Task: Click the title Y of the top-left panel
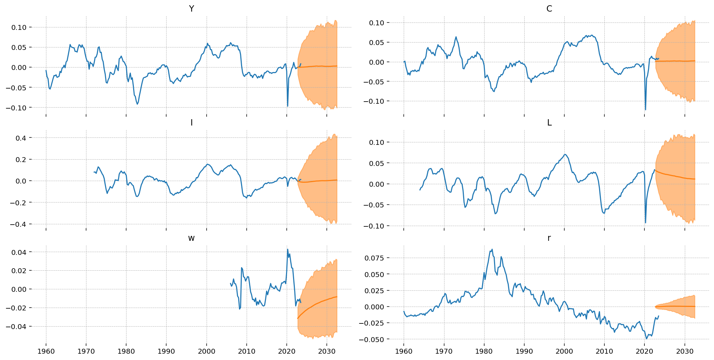191,9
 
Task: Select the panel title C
549,9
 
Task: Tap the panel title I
191,122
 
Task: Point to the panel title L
549,122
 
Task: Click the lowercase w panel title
191,238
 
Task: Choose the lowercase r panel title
549,238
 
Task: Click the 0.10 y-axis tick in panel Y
19,27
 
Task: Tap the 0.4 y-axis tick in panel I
21,138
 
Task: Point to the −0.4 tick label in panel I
18,224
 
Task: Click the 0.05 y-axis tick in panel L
377,163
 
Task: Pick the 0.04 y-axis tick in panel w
19,252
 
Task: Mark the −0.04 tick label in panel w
16,327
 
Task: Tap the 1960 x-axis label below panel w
46,351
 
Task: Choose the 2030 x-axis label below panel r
684,351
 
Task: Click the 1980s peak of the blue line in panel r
492,249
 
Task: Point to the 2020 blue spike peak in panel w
288,249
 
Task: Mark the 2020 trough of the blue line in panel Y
287,106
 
